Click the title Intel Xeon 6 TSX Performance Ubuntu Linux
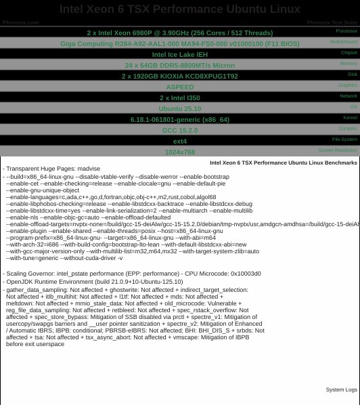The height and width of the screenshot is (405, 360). pyautogui.click(x=179, y=9)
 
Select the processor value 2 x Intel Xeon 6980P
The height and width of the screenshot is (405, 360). pyautogui.click(x=179, y=33)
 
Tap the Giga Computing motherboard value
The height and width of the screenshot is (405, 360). pyautogui.click(x=179, y=43)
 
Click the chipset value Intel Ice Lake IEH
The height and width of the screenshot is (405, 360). pyautogui.click(x=179, y=54)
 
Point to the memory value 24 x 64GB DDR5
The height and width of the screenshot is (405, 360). pyautogui.click(x=179, y=65)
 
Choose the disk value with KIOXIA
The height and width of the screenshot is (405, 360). pyautogui.click(x=179, y=76)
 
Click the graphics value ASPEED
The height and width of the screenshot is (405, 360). pyautogui.click(x=179, y=87)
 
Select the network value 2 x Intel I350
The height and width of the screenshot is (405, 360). pyautogui.click(x=179, y=98)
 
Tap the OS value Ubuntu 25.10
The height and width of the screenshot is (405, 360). pyautogui.click(x=179, y=108)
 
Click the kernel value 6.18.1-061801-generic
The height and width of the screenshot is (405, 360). pyautogui.click(x=179, y=119)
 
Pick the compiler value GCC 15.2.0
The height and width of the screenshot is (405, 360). pyautogui.click(x=179, y=130)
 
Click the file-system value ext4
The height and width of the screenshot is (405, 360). pyautogui.click(x=179, y=141)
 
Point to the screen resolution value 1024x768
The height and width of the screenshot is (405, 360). pyautogui.click(x=179, y=152)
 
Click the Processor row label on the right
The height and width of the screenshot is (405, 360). pyautogui.click(x=346, y=30)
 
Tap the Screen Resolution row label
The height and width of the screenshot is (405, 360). pyautogui.click(x=338, y=150)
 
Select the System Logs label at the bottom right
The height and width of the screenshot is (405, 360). pyautogui.click(x=341, y=390)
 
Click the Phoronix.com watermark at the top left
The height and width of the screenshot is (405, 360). pyautogui.click(x=20, y=22)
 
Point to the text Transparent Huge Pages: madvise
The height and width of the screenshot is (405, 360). pyautogui.click(x=53, y=169)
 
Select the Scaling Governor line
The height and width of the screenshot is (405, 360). pyautogui.click(x=132, y=274)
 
